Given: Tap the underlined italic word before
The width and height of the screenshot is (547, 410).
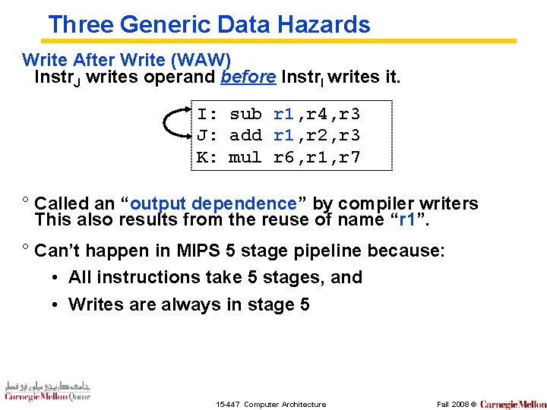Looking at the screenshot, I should coord(248,77).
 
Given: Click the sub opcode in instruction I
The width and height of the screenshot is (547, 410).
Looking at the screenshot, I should coord(245,115).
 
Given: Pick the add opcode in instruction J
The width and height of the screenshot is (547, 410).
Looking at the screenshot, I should coord(245,136).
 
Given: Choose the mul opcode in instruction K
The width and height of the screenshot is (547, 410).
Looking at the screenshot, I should coord(245,158).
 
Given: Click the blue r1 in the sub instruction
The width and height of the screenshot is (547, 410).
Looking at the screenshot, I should coord(283,115).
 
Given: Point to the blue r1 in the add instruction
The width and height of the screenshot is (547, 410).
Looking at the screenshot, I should coord(283,136).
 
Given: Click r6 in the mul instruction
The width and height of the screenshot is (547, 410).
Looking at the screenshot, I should coord(283,158).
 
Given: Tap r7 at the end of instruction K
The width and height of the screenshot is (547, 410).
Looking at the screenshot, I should coord(349,158).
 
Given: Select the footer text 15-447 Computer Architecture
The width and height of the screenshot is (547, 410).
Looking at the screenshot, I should coord(270,404).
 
